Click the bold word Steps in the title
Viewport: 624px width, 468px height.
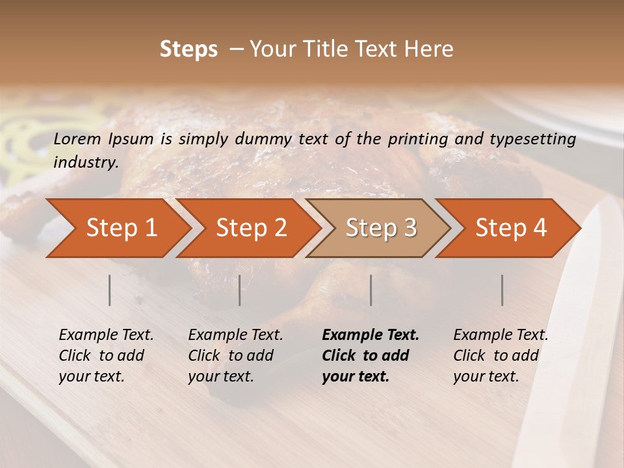tap(188, 49)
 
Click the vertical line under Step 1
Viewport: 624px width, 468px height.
tap(110, 290)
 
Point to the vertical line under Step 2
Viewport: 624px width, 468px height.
tap(240, 290)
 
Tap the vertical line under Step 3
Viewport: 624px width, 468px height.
tap(371, 290)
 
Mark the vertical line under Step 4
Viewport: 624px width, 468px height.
tap(502, 290)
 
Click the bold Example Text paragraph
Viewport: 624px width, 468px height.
tap(370, 356)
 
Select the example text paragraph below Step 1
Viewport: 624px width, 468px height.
tap(106, 356)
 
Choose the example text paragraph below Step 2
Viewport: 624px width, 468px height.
tap(235, 356)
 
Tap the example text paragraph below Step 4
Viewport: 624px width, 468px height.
tap(500, 356)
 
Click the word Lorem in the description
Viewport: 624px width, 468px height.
tap(77, 138)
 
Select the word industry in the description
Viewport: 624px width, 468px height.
tap(86, 162)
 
